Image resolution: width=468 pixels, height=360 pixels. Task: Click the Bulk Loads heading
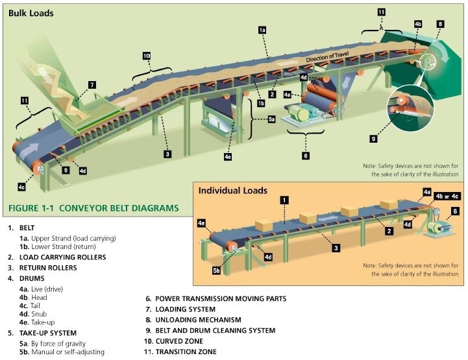coord(31,13)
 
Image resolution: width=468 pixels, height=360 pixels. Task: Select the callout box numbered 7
coord(92,84)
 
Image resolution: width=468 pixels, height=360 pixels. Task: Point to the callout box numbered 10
coord(147,56)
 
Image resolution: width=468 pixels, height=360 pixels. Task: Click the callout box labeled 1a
coord(262,30)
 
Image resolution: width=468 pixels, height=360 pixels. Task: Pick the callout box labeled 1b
coord(260,102)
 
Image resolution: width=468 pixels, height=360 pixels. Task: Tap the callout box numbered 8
coord(440,24)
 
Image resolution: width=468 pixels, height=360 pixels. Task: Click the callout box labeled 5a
coord(272,120)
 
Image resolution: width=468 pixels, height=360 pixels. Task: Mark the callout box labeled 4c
coord(21,187)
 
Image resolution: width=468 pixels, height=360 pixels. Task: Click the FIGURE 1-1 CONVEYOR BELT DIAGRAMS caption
coord(93,209)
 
